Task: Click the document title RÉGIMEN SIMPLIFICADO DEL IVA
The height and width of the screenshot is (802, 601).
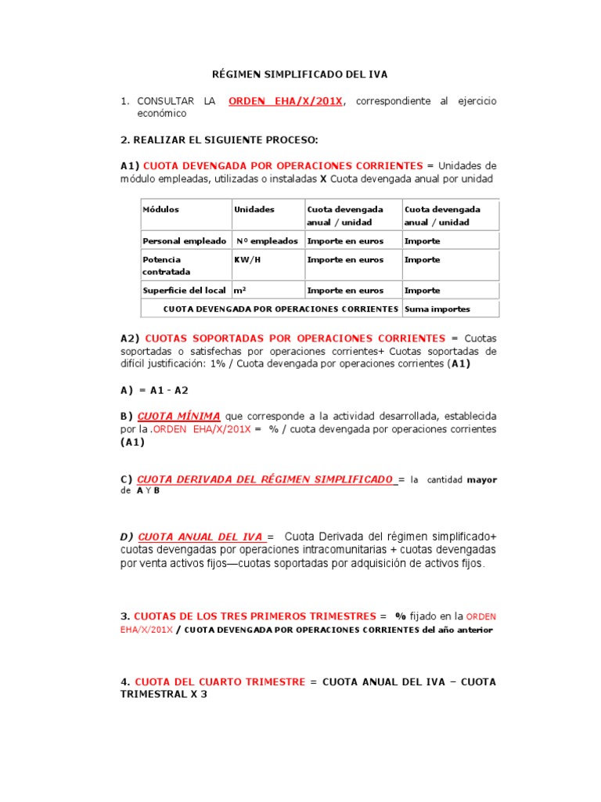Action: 300,74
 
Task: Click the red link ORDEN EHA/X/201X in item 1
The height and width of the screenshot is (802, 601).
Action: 285,102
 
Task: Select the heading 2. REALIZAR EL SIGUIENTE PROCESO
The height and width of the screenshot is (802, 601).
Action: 219,139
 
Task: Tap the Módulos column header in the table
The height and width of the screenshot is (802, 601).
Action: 160,210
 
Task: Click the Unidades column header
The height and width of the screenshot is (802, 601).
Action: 254,210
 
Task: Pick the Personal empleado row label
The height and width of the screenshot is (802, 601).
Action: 184,241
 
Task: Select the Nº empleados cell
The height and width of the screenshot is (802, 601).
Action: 266,241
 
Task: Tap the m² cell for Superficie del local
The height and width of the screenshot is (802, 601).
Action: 240,291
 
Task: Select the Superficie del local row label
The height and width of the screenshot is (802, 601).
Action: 184,291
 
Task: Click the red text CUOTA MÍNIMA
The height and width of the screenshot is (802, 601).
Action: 178,415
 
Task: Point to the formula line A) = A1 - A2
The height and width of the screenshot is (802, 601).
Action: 154,389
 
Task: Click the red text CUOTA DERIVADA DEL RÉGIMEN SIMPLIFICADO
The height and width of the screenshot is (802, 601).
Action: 265,479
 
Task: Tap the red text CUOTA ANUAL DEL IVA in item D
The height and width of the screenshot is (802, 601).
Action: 200,536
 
